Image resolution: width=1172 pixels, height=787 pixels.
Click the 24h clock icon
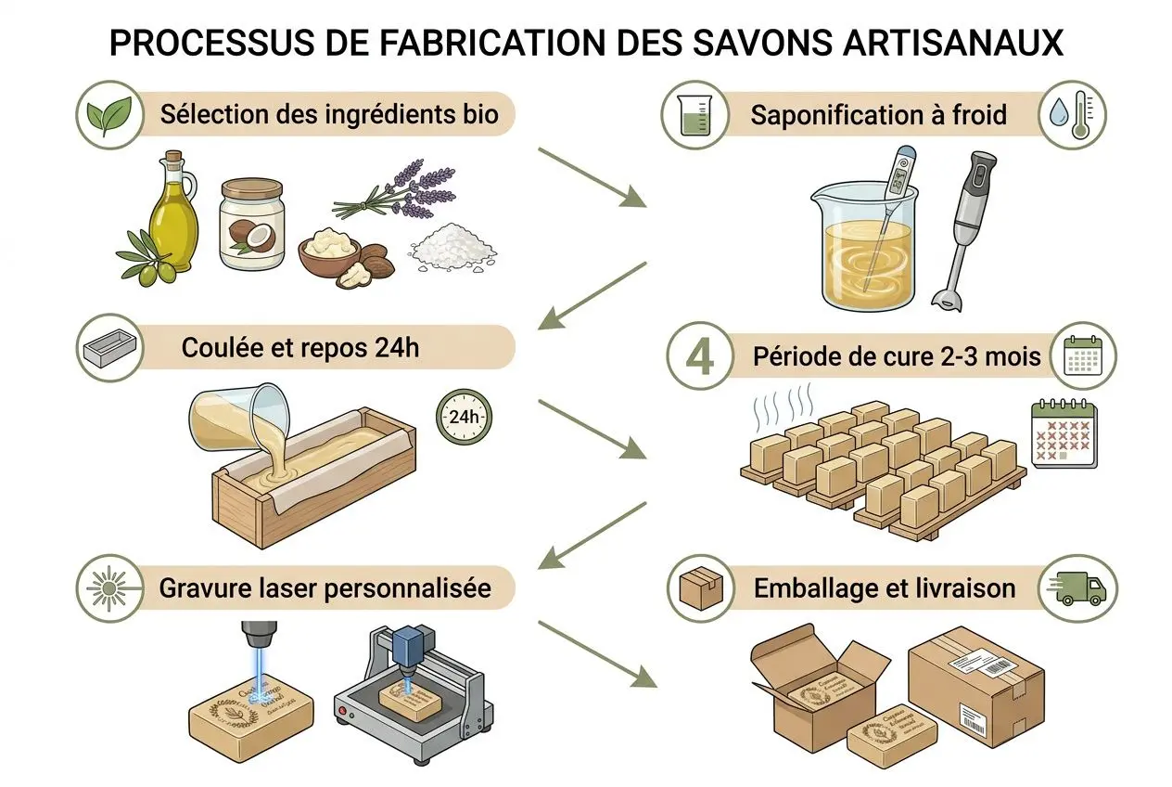click(x=463, y=417)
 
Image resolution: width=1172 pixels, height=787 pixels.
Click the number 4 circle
click(x=698, y=355)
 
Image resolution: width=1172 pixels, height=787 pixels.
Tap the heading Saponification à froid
click(x=878, y=115)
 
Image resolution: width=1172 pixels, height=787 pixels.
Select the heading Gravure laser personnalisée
click(x=325, y=587)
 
